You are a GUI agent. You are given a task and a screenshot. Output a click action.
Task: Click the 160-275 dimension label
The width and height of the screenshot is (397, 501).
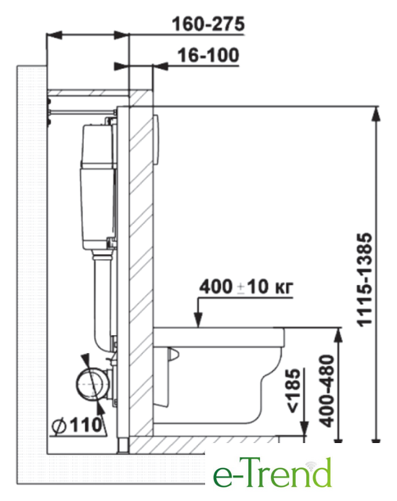208,24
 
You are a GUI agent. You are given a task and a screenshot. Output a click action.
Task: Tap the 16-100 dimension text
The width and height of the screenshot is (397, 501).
208,55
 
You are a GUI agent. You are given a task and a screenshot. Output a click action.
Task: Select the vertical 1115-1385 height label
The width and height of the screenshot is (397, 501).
365,279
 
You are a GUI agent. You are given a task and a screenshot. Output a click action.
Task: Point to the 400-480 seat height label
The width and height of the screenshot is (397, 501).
327,391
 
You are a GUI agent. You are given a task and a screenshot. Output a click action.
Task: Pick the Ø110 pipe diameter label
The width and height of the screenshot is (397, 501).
77,425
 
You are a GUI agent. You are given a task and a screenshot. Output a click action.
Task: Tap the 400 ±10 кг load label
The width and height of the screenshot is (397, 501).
246,287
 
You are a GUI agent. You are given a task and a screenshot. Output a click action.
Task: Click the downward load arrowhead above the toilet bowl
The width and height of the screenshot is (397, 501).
198,319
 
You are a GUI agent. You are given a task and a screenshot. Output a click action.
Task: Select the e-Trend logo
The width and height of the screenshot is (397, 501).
272,473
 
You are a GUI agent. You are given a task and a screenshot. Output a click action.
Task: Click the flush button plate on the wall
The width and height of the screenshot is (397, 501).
157,139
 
